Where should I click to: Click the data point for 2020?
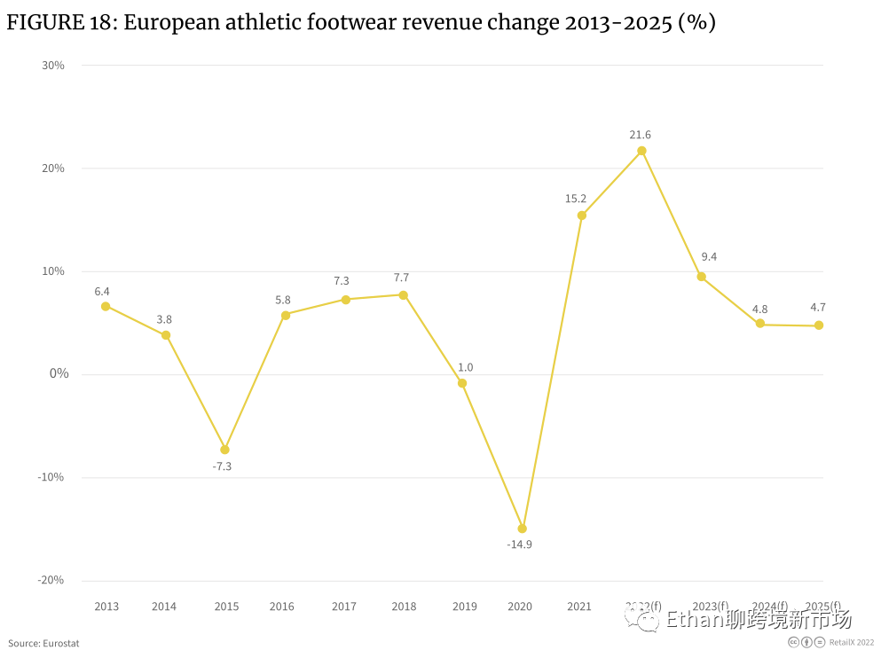pyautogui.click(x=523, y=529)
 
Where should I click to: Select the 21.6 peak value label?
pyautogui.click(x=641, y=135)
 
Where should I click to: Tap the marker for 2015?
pyautogui.click(x=225, y=450)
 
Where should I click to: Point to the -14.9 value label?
pyautogui.click(x=520, y=544)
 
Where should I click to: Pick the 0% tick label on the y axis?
pyautogui.click(x=59, y=374)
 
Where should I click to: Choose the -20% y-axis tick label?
pyautogui.click(x=51, y=580)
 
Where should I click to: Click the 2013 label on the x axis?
pyautogui.click(x=106, y=607)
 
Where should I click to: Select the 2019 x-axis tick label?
pyautogui.click(x=465, y=607)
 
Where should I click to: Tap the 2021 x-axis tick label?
pyautogui.click(x=579, y=607)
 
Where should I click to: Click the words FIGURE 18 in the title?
pyautogui.click(x=59, y=23)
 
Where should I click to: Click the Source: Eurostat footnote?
pyautogui.click(x=43, y=643)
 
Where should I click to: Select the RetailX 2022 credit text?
pyautogui.click(x=852, y=643)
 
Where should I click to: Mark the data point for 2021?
pyautogui.click(x=582, y=215)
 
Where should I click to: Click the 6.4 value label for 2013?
pyautogui.click(x=102, y=291)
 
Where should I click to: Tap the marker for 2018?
pyautogui.click(x=404, y=295)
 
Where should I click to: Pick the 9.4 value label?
pyautogui.click(x=709, y=257)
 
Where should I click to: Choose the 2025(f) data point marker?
pyautogui.click(x=819, y=325)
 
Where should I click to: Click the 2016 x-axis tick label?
pyautogui.click(x=282, y=607)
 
